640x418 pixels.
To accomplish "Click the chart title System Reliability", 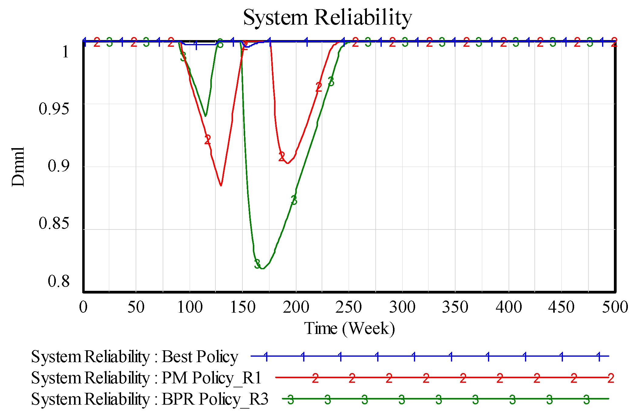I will click(x=327, y=18).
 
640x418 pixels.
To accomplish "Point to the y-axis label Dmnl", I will click(x=18, y=167).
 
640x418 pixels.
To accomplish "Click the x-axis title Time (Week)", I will click(x=349, y=328).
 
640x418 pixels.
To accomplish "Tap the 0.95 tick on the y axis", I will click(x=54, y=109).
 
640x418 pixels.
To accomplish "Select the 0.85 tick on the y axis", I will click(x=54, y=223).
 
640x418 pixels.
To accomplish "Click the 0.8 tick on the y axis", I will click(x=59, y=281).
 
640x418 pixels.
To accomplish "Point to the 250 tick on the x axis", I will click(x=348, y=307).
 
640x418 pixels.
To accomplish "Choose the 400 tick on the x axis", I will click(x=509, y=307).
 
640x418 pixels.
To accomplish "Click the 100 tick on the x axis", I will click(x=190, y=307).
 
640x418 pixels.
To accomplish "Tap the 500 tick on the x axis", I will click(x=615, y=307).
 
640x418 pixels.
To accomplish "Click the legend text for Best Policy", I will click(x=134, y=356).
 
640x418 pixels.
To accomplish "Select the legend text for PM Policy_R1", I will click(x=146, y=378).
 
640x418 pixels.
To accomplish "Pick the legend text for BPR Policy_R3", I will click(x=150, y=399).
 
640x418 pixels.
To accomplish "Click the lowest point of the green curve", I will click(x=263, y=269).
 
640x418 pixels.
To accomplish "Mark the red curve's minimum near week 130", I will click(x=221, y=185).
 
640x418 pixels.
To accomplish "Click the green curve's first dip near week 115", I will click(x=205, y=116).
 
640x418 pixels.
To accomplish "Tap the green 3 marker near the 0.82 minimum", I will click(x=257, y=264).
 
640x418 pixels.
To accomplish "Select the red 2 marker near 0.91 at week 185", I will click(x=282, y=157).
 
